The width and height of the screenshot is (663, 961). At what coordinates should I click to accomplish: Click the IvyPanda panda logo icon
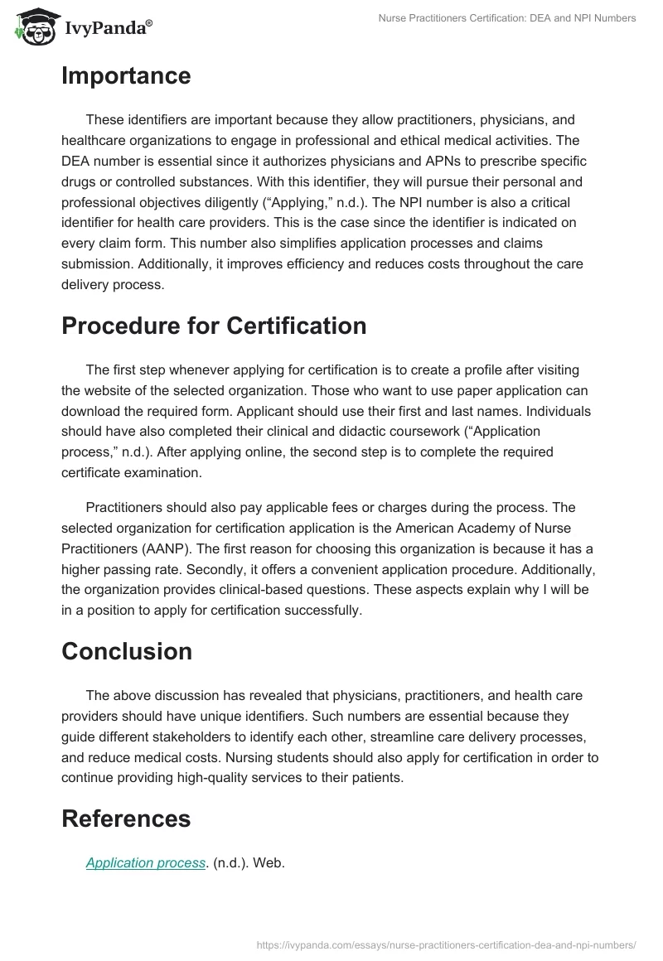34,28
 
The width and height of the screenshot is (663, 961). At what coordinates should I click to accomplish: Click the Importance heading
126,76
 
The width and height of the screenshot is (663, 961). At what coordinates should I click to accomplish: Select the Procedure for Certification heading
214,326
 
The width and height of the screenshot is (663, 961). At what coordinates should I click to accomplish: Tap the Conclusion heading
127,651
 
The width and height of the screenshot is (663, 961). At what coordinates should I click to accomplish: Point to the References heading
126,819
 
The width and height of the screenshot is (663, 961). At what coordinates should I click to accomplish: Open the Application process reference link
146,862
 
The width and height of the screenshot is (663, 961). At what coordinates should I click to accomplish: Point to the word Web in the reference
269,862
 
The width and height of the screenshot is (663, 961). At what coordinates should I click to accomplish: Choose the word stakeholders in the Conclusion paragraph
227,736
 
